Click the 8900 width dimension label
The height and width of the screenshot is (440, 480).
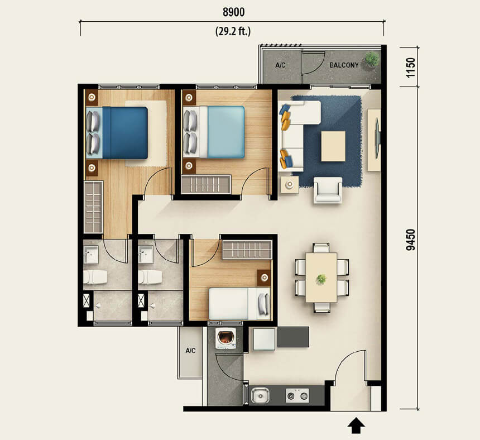coord(233,12)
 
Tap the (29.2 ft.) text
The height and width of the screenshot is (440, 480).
coord(233,31)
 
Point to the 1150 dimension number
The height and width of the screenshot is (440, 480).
coord(410,68)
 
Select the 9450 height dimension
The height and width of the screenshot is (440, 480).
coord(410,240)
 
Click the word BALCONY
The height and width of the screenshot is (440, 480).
coord(344,65)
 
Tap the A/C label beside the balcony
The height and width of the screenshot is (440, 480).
coord(280,65)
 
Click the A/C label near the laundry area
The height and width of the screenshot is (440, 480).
coord(190,350)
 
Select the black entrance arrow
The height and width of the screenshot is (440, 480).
coord(356,425)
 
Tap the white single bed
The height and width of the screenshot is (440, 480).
coord(239,304)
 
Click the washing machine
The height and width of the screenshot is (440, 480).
coord(226,338)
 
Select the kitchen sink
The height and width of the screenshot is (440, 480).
coord(260,395)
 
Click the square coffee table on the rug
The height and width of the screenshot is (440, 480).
coord(333,146)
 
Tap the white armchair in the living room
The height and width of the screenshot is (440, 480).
coord(328,190)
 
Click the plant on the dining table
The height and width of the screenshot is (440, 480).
coord(321,279)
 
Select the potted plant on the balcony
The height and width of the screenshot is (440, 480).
coord(372,59)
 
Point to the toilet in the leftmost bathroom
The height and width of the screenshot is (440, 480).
coord(95,277)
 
